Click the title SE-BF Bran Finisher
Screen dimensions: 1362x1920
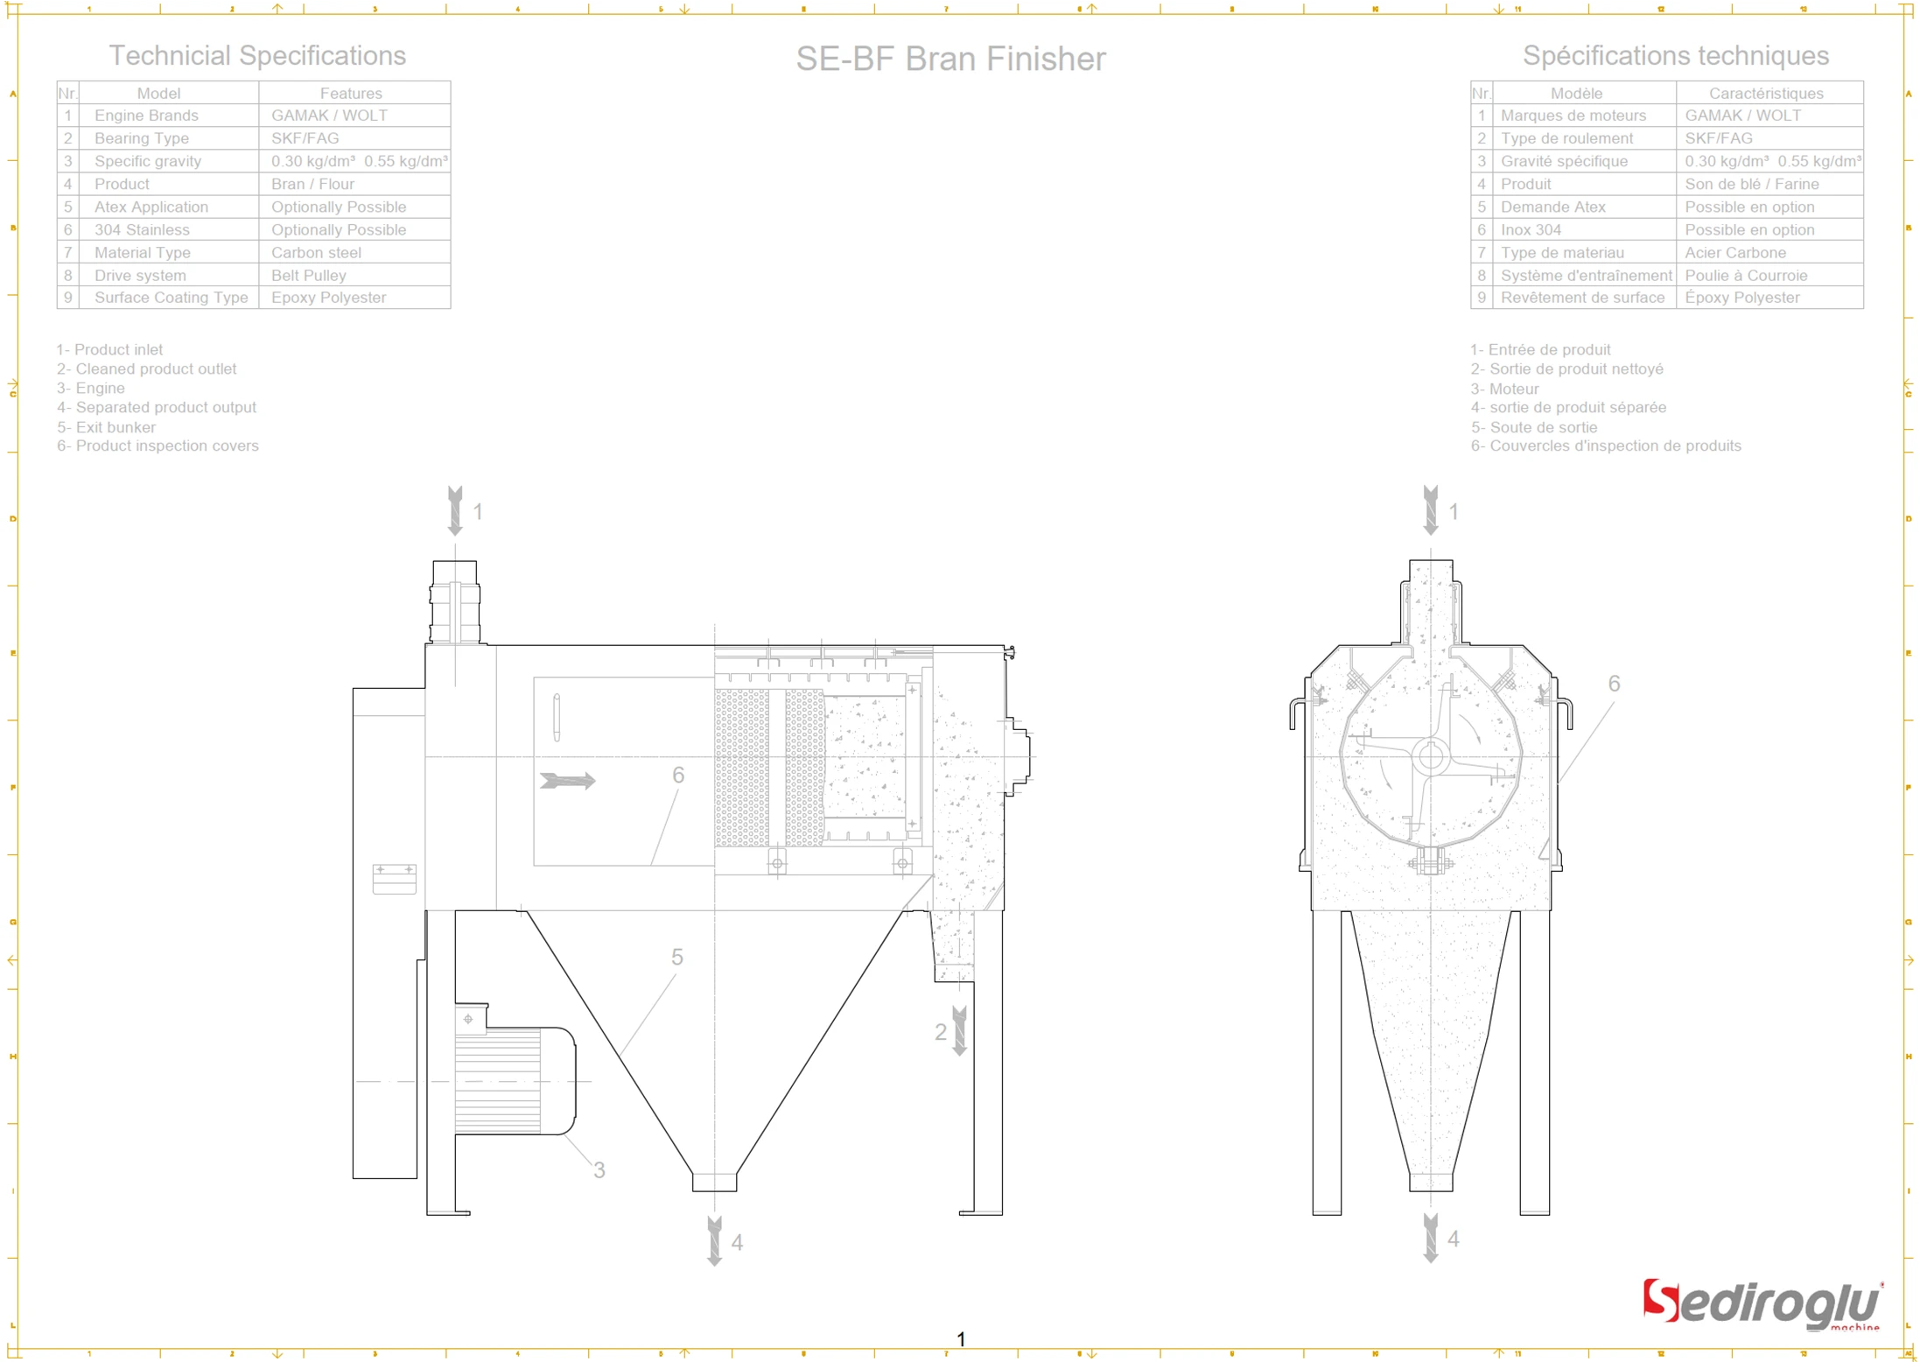point(950,59)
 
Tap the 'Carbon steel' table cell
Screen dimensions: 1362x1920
point(316,252)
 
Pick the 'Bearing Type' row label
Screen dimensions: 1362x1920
point(142,138)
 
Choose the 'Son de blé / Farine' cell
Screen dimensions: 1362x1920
point(1751,184)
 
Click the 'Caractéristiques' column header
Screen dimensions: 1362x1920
point(1766,93)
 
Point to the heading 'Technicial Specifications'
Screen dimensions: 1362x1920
point(257,55)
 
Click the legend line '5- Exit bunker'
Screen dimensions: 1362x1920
point(107,427)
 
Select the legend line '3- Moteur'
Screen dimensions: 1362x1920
point(1504,389)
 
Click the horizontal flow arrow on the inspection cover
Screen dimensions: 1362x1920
point(568,780)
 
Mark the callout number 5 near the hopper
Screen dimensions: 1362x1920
point(676,957)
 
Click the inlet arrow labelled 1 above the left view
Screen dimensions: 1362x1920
point(455,510)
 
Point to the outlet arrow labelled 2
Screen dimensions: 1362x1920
point(960,1030)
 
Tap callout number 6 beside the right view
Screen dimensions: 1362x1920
point(1614,684)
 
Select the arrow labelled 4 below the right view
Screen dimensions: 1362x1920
point(1431,1238)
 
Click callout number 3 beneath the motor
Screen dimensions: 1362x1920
point(599,1169)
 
